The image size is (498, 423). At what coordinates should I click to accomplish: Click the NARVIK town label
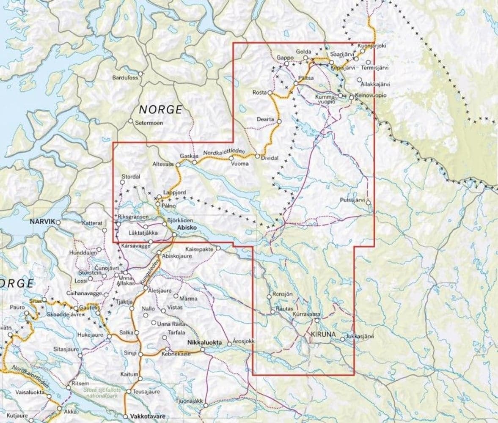[x=43, y=222]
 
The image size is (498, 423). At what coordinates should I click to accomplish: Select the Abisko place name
[x=187, y=227]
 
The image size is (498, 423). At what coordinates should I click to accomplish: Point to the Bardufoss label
[x=125, y=78]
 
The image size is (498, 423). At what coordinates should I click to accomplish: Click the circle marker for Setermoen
[x=131, y=121]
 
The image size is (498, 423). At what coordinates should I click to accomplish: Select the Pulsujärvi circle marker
[x=368, y=203]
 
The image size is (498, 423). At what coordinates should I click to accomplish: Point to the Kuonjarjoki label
[x=372, y=46]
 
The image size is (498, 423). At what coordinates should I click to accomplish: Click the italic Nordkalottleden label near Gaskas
[x=220, y=152]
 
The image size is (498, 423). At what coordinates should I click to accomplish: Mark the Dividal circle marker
[x=257, y=156]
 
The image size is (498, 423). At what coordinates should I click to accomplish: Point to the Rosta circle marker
[x=270, y=93]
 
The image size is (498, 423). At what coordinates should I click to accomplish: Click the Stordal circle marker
[x=122, y=182]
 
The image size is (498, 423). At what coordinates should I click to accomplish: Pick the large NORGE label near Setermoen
[x=161, y=110]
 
